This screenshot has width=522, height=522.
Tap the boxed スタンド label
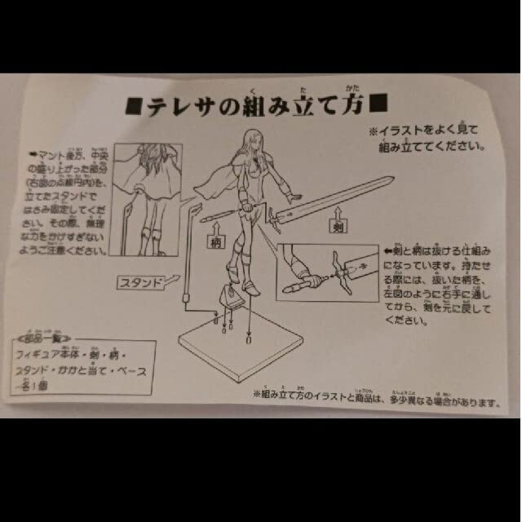141,282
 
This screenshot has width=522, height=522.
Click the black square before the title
133,107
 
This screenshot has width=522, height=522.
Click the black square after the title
378,105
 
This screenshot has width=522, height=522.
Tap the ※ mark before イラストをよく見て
372,130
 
